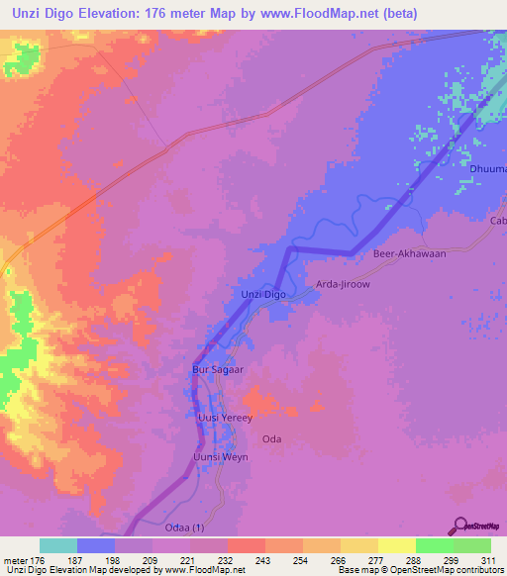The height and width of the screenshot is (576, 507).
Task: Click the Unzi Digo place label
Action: click(x=263, y=295)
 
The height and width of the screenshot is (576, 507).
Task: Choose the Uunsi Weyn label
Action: click(x=219, y=457)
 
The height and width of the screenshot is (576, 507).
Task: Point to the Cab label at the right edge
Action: click(x=498, y=221)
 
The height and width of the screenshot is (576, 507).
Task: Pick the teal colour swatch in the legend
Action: click(x=58, y=545)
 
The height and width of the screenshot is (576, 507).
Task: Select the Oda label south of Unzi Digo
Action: click(x=271, y=437)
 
